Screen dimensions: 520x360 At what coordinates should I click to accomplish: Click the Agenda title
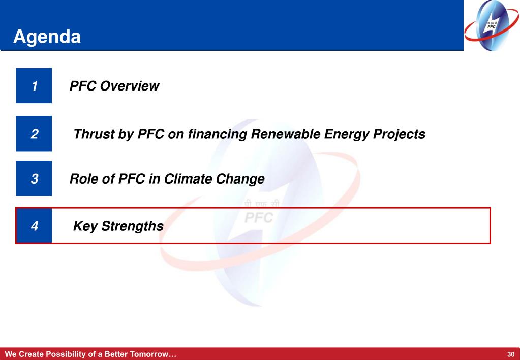[x=47, y=37]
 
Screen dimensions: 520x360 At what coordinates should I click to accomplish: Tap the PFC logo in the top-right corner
[x=492, y=25]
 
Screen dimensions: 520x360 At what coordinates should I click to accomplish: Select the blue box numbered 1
[x=34, y=85]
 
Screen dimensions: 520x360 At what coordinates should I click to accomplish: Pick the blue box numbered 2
[x=34, y=133]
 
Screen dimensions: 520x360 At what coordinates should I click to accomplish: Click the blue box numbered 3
[x=34, y=178]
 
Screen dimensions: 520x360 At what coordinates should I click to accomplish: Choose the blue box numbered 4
[x=34, y=226]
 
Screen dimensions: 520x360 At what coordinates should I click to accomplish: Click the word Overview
[x=129, y=86]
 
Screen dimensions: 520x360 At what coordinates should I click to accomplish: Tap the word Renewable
[x=286, y=134]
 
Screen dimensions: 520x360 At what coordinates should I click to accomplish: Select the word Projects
[x=400, y=135]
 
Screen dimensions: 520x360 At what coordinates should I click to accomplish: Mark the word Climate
[x=188, y=179]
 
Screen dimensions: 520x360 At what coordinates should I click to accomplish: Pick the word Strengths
[x=132, y=226]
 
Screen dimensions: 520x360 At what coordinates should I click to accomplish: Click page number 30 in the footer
[x=511, y=354]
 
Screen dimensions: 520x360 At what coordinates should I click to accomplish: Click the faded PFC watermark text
[x=259, y=218]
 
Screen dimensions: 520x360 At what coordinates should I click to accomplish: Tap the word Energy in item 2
[x=347, y=135]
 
